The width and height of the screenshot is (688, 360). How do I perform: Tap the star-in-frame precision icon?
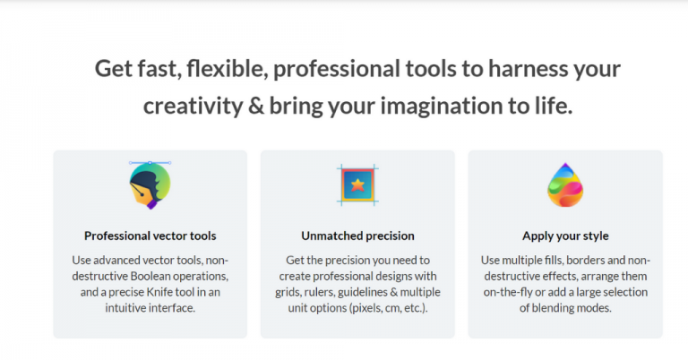357,185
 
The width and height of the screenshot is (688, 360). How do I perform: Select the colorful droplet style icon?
565,185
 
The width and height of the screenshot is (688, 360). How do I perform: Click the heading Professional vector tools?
150,236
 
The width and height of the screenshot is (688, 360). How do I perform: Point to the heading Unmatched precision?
357,236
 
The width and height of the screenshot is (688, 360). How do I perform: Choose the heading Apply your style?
565,236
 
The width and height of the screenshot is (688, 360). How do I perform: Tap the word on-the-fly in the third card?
517,292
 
